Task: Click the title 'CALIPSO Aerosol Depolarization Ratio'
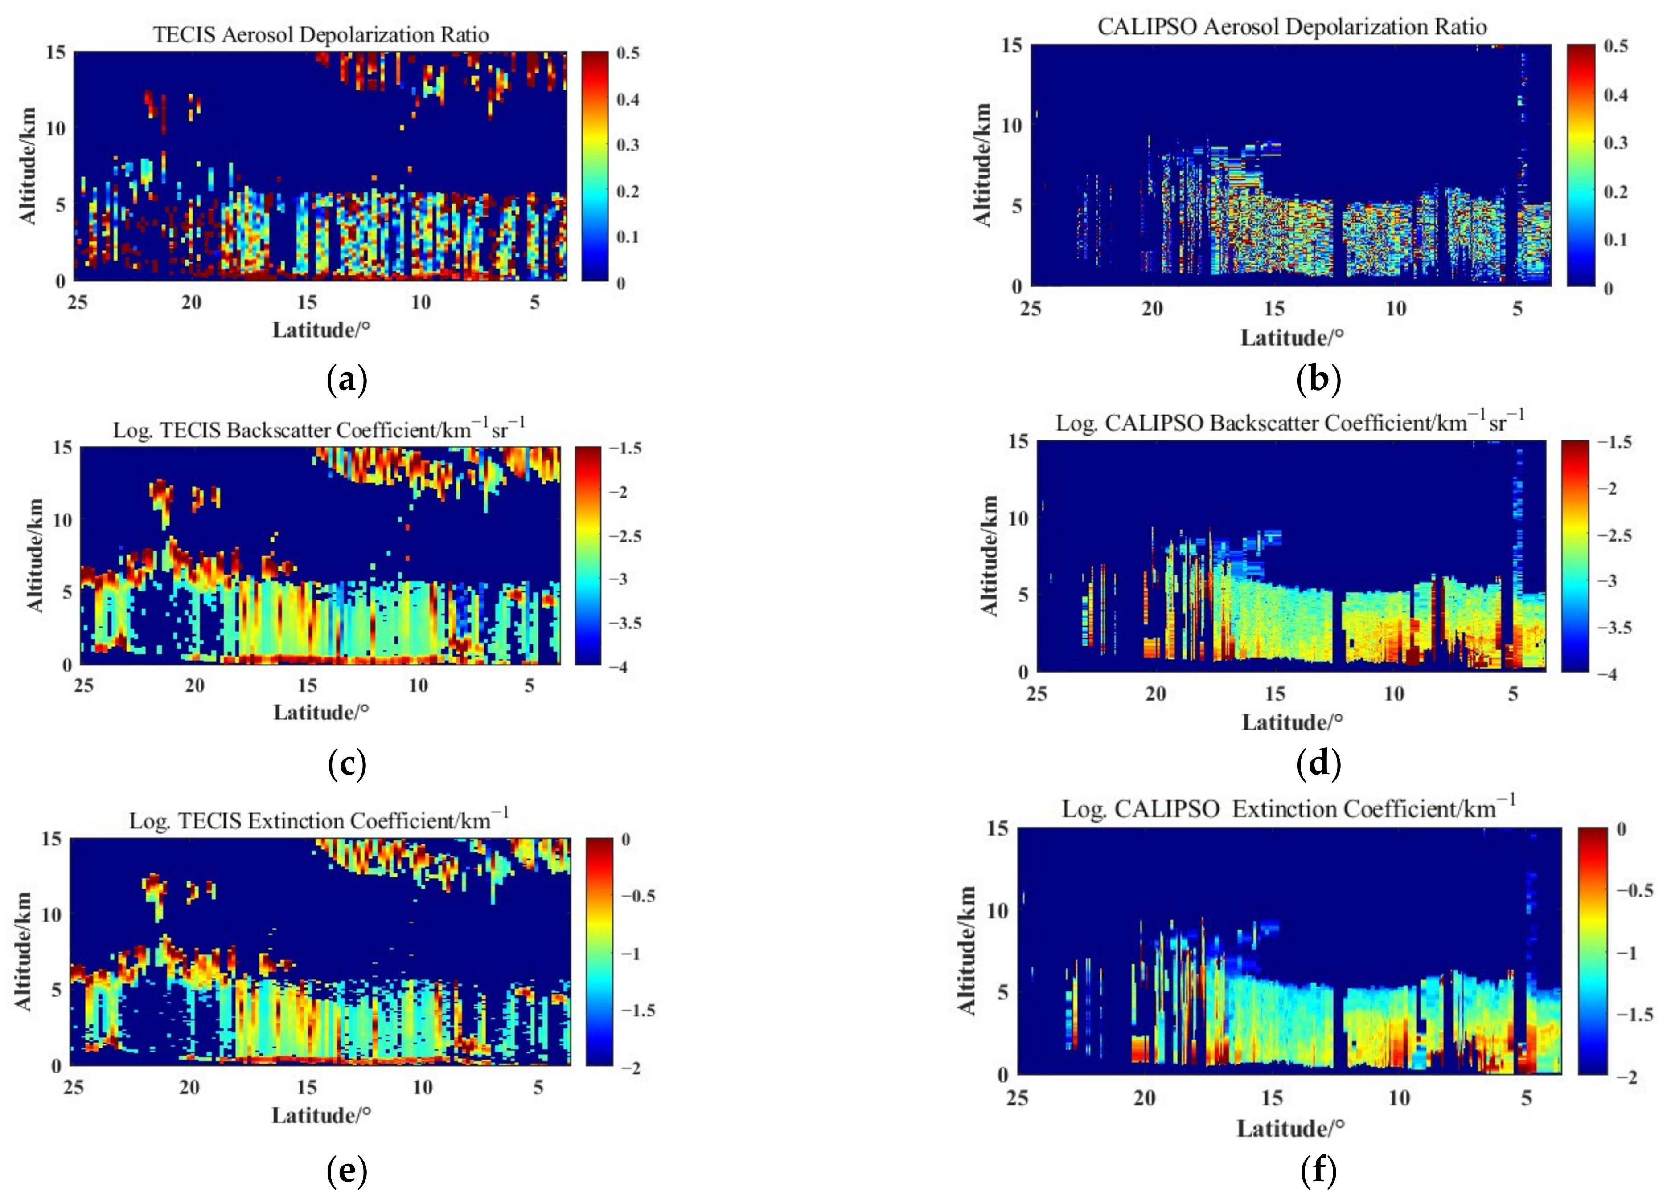pos(1291,27)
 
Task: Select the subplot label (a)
pos(346,380)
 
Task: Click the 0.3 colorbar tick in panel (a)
pos(627,145)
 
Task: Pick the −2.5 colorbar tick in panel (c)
pos(625,536)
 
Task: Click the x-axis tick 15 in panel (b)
pos(1274,309)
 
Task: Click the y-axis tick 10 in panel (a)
pos(56,128)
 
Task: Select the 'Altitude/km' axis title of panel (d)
pos(990,556)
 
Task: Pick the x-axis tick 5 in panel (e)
pos(538,1087)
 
